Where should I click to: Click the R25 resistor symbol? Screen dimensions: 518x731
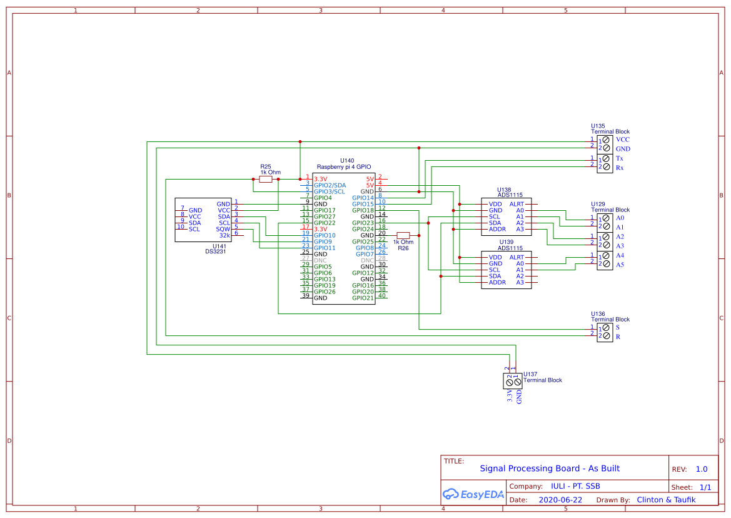pos(266,179)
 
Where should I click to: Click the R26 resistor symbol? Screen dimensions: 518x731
pos(403,235)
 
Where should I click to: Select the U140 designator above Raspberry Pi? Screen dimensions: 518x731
pos(346,161)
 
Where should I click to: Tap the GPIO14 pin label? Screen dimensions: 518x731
pos(363,198)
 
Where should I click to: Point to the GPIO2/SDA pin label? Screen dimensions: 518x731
pos(330,185)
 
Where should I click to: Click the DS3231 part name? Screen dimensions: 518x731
pos(216,251)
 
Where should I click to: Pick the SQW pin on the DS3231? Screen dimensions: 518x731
pos(223,229)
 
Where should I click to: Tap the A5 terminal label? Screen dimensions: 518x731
pos(620,265)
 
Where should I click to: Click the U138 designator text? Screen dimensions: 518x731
pos(504,190)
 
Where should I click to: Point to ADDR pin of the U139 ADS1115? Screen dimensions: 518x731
pos(497,282)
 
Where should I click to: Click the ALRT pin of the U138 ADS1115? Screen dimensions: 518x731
pos(517,204)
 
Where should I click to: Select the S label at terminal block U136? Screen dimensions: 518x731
pos(618,327)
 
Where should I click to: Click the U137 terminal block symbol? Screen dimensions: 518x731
pos(513,380)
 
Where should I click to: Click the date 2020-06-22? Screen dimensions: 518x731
pos(560,500)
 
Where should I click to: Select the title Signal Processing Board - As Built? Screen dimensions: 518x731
pos(550,469)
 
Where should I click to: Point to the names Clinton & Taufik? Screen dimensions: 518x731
pos(666,500)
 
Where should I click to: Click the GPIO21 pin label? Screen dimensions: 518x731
pos(363,298)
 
